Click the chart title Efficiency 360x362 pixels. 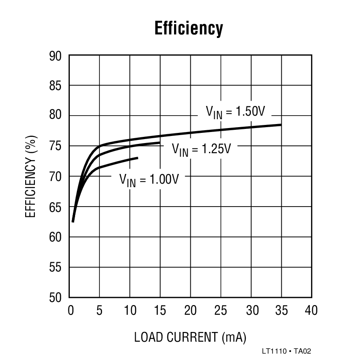tap(189, 28)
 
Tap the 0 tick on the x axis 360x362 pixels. tap(71, 310)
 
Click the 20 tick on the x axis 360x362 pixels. tap(190, 310)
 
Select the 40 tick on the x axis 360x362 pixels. tap(311, 310)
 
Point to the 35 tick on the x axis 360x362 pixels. tap(281, 310)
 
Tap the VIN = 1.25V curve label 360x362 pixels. tap(201, 149)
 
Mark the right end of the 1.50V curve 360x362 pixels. tap(281, 125)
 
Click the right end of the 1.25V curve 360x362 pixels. tap(160, 143)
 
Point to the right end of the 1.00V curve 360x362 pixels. tap(138, 158)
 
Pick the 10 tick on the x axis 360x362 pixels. tap(130, 310)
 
